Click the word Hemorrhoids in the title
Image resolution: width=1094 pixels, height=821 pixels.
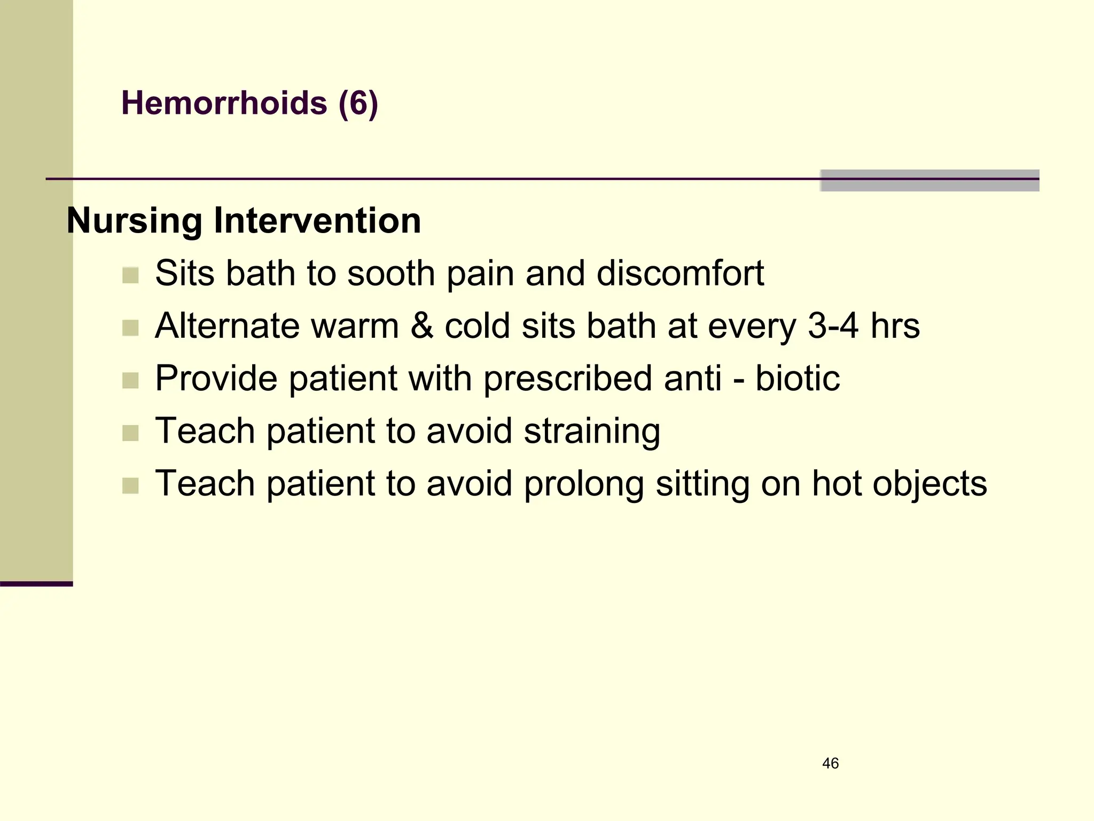pyautogui.click(x=224, y=103)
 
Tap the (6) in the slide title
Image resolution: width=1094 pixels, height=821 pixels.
pyautogui.click(x=358, y=103)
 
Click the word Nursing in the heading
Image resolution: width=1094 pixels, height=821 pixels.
pyautogui.click(x=134, y=221)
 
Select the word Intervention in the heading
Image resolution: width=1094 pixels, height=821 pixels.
pyautogui.click(x=317, y=221)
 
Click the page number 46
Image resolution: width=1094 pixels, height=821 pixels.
pyautogui.click(x=830, y=763)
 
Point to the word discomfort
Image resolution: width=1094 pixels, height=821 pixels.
pyautogui.click(x=680, y=273)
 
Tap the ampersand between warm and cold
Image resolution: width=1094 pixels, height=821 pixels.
pyautogui.click(x=421, y=326)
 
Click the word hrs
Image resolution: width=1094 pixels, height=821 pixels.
pyautogui.click(x=895, y=326)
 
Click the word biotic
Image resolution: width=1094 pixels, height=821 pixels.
pyautogui.click(x=797, y=378)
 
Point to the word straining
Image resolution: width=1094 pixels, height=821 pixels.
pyautogui.click(x=592, y=431)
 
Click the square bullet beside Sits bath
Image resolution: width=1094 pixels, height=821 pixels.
pyautogui.click(x=130, y=276)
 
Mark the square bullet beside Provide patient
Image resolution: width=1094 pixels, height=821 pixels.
pyautogui.click(x=130, y=381)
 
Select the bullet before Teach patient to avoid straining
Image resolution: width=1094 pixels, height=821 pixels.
pyautogui.click(x=130, y=433)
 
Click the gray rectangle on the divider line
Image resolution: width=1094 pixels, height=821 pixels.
pyautogui.click(x=929, y=181)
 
